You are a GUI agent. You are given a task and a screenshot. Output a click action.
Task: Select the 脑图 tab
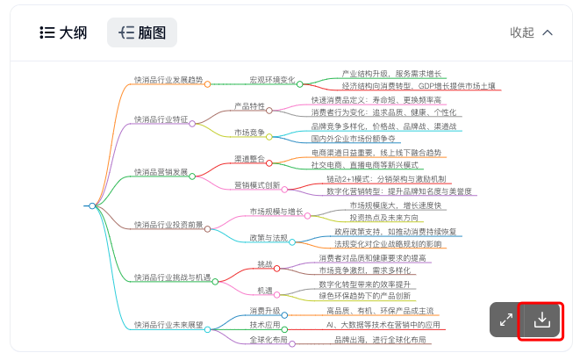point(141,32)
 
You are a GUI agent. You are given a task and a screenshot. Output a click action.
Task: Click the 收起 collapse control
point(532,32)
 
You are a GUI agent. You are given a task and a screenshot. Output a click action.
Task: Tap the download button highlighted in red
point(541,320)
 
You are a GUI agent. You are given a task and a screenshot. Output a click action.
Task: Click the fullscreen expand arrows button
point(506,320)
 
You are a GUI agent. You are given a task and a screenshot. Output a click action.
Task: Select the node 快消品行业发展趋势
point(168,80)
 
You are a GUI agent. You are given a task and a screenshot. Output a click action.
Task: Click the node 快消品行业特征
point(161,119)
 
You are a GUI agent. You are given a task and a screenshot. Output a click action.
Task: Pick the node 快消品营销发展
point(161,172)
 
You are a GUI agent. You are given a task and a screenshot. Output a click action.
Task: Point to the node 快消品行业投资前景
point(168,225)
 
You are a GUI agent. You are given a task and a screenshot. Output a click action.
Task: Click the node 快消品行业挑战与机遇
point(171,277)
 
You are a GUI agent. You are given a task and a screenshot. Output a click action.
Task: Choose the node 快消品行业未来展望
point(168,325)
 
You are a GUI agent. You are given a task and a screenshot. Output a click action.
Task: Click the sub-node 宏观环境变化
point(272,80)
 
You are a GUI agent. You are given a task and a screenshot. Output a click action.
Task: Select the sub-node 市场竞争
point(249,133)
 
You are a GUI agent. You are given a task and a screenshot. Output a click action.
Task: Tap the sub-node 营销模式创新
point(257,185)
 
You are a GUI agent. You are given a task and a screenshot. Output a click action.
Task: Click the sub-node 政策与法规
point(268,238)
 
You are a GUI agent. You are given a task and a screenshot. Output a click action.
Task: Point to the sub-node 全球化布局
point(268,339)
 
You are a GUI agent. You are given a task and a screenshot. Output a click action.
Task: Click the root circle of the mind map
point(91,205)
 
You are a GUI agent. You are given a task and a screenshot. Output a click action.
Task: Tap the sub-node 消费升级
point(264,311)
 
